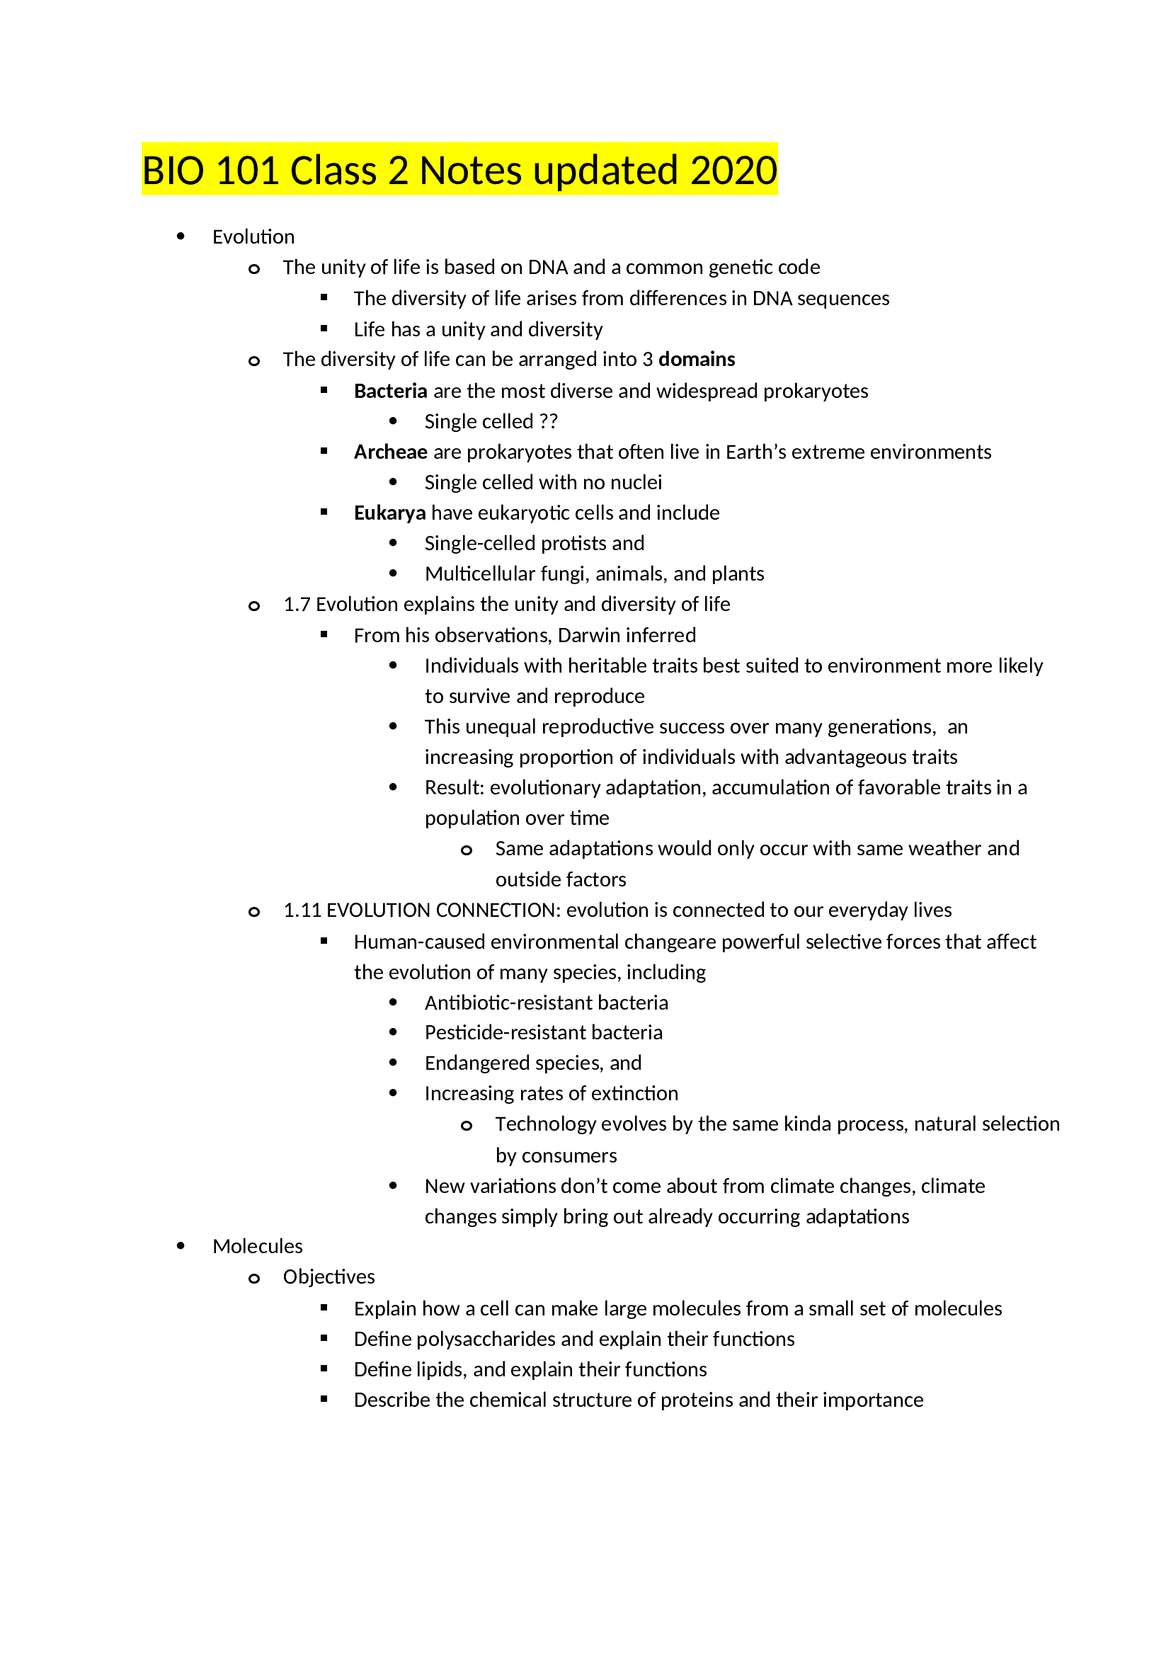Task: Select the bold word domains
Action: (697, 359)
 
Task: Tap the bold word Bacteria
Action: (390, 391)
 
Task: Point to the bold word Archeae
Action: (390, 452)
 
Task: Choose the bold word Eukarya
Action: (389, 513)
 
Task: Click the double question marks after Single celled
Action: (548, 421)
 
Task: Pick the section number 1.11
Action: (302, 910)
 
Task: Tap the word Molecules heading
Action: (258, 1246)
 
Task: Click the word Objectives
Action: (328, 1277)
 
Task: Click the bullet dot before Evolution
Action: (181, 236)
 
